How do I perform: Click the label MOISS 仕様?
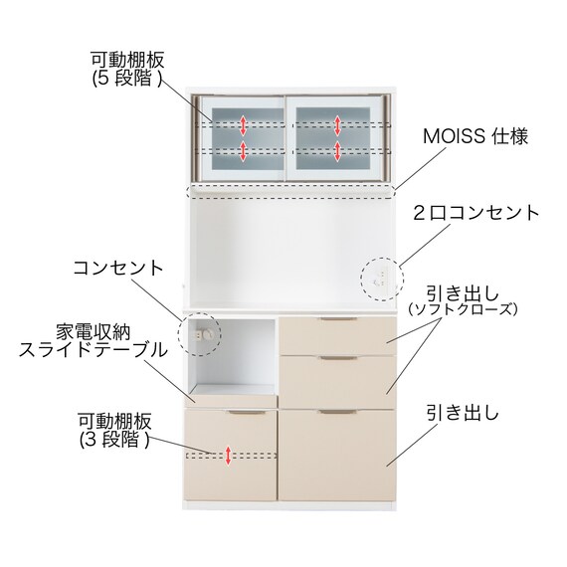(x=475, y=136)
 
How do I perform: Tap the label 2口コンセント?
(x=476, y=213)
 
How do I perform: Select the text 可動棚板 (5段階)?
(x=127, y=70)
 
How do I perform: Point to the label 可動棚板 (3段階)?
(x=115, y=431)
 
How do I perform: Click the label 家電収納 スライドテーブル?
(x=94, y=341)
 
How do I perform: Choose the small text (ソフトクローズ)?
(x=463, y=309)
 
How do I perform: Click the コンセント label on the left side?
(x=118, y=268)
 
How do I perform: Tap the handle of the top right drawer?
(x=338, y=319)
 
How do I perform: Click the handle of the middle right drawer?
(x=338, y=358)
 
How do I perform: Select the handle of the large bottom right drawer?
(x=338, y=412)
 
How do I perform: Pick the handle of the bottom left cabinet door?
(x=246, y=412)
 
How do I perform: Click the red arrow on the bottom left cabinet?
(x=228, y=456)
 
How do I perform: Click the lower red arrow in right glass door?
(x=338, y=151)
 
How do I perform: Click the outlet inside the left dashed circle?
(x=203, y=335)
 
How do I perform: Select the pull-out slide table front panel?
(x=234, y=400)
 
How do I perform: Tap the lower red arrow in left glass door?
(x=244, y=151)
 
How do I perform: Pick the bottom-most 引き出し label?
(x=463, y=413)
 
